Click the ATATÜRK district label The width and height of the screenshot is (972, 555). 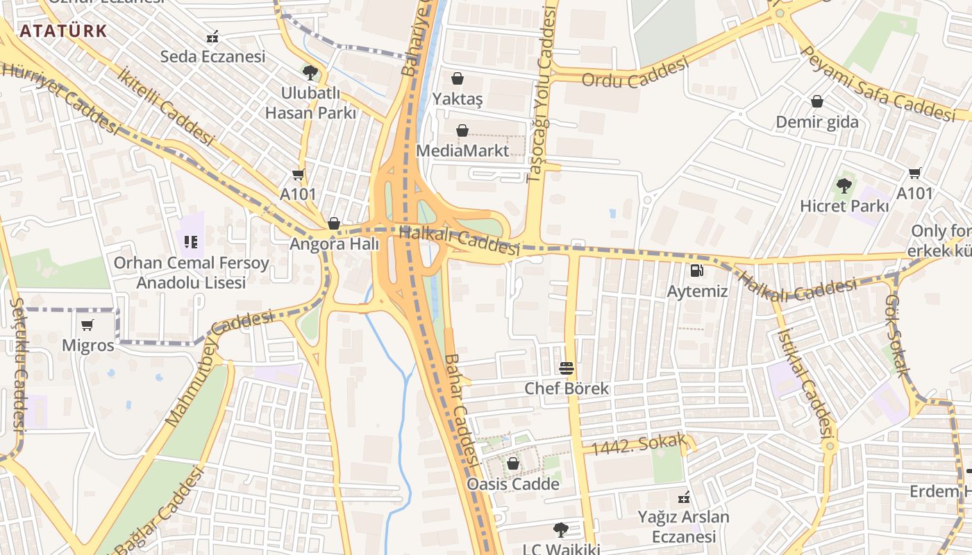tap(63, 31)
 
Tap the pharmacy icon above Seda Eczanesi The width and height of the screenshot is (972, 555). tap(213, 36)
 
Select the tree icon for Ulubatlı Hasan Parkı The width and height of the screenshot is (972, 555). tap(310, 72)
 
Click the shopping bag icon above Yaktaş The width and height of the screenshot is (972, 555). tap(458, 78)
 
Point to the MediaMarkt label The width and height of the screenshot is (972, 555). tap(462, 151)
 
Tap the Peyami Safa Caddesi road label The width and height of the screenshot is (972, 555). tap(877, 82)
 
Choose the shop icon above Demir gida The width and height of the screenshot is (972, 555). tap(817, 101)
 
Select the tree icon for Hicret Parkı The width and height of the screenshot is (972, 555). tap(844, 185)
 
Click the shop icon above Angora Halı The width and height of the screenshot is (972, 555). tap(334, 223)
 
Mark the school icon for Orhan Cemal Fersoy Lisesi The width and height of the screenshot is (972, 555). tap(191, 242)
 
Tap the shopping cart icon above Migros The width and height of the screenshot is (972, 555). tap(87, 325)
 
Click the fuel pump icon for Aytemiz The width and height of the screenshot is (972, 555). tap(697, 270)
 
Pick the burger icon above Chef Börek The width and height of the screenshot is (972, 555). tap(567, 368)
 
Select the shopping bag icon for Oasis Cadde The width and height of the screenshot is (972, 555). tap(513, 463)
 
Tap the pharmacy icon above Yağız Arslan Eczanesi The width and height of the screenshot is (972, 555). tap(684, 497)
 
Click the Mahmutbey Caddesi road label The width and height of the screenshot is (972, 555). tap(219, 368)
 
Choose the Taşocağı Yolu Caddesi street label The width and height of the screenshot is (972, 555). tap(543, 94)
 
